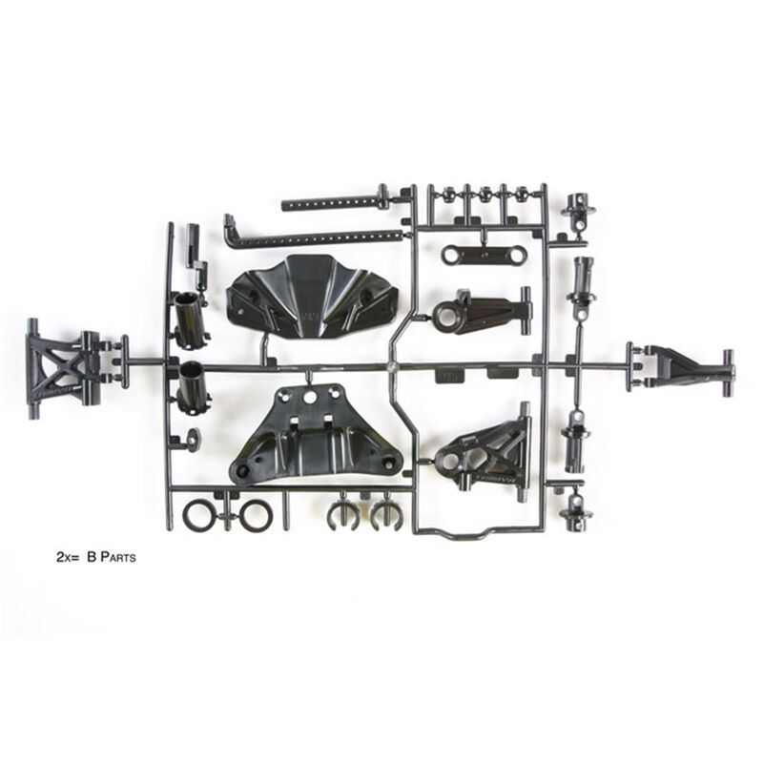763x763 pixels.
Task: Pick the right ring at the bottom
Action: point(255,516)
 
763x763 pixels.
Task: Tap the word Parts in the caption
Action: point(116,554)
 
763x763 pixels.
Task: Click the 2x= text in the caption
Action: point(70,554)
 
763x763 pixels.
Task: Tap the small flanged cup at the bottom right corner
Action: point(577,513)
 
